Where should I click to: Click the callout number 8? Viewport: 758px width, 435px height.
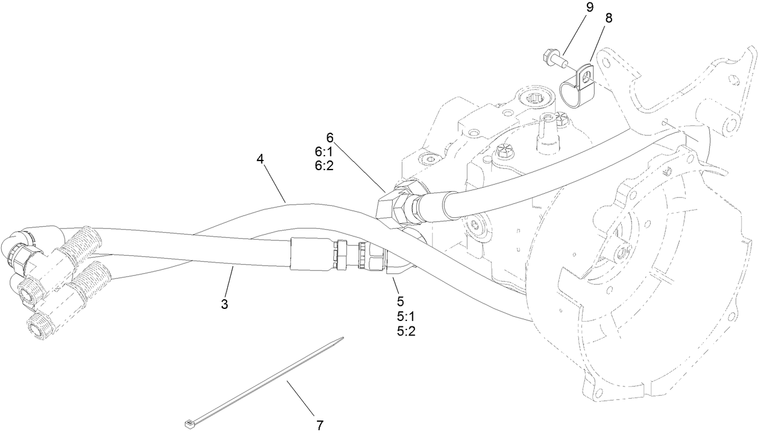[x=609, y=18]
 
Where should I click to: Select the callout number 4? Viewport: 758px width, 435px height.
[x=260, y=159]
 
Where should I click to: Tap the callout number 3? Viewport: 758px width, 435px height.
[x=224, y=305]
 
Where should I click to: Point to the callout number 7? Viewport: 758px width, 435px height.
[x=319, y=425]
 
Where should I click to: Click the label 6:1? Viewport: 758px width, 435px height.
[x=324, y=152]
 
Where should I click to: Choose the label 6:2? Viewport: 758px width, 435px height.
[x=324, y=165]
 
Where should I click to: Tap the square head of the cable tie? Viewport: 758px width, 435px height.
[x=189, y=421]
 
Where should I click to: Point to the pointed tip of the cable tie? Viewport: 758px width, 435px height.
[x=342, y=338]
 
